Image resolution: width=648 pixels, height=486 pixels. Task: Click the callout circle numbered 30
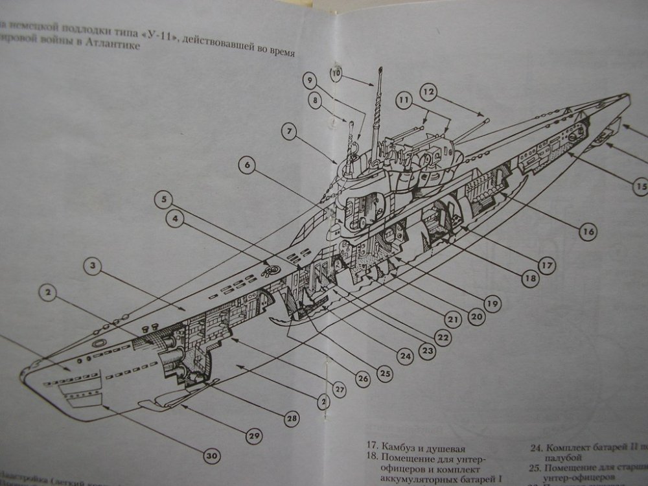coord(212,456)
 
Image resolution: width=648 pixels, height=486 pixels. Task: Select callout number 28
coord(292,419)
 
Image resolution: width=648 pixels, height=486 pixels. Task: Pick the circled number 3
coord(93,266)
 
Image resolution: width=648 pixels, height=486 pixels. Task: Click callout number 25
coord(386,374)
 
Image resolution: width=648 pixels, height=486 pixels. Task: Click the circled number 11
coord(405,100)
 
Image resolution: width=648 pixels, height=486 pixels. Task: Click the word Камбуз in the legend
coord(402,447)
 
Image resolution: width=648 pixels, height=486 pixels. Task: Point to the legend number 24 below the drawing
coord(536,447)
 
